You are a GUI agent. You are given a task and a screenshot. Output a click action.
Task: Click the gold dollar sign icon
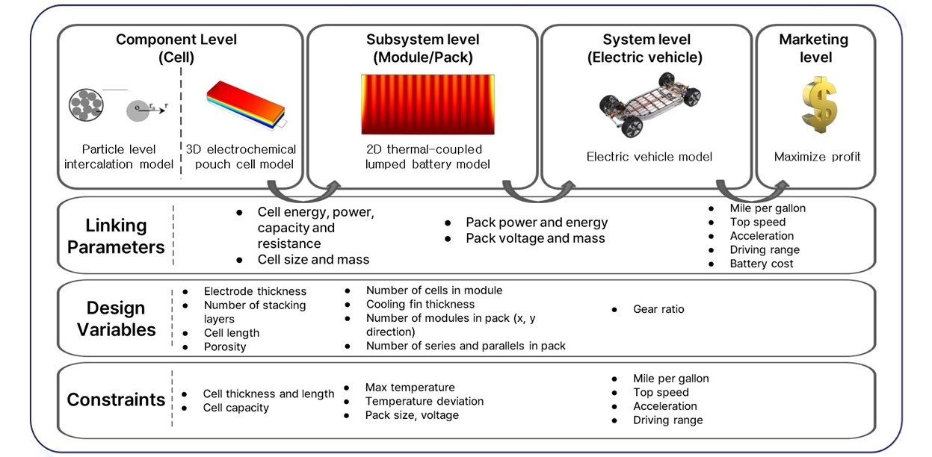coord(818,104)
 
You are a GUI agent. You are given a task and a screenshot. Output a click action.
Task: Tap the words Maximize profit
coord(818,157)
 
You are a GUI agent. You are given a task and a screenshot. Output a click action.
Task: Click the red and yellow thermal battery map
coord(428,104)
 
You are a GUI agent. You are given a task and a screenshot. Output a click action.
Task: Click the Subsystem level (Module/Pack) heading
coord(422,48)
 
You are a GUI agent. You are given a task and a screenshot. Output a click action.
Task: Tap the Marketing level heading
coord(813,48)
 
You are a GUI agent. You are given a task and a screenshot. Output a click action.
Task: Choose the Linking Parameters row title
coord(116,236)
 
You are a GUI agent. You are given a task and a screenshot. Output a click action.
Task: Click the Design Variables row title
coord(116,319)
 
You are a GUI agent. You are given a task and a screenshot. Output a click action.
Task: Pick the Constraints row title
coord(116,400)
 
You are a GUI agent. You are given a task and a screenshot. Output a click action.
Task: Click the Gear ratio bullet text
coord(658,309)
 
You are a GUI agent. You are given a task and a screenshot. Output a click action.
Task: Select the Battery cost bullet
coord(762,264)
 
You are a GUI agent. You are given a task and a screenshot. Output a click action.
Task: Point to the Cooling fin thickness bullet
coord(420,305)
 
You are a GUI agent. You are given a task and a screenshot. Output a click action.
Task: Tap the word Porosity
coord(225,346)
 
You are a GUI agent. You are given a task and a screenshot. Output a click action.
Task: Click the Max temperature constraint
coord(410,388)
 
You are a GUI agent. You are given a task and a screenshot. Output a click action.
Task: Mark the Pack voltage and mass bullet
coord(535,239)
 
